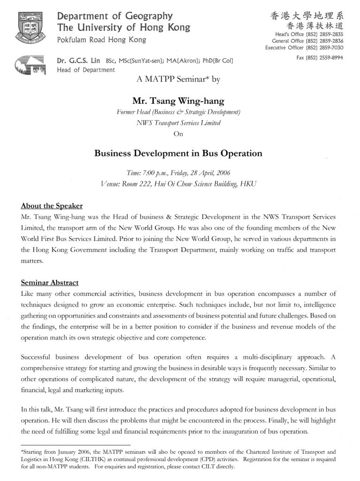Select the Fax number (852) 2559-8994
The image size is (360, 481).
320,58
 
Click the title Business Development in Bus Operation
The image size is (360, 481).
178,153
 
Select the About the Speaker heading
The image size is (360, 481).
52,206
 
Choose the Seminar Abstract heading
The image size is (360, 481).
49,283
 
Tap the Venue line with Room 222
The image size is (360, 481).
178,183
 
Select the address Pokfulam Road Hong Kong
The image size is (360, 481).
101,40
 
